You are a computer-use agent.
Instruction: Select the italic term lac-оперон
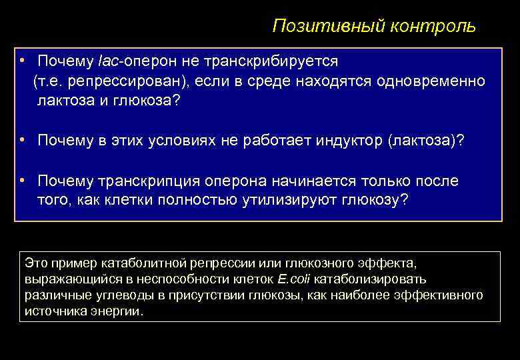[129, 61]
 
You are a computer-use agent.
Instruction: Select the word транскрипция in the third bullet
[150, 181]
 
